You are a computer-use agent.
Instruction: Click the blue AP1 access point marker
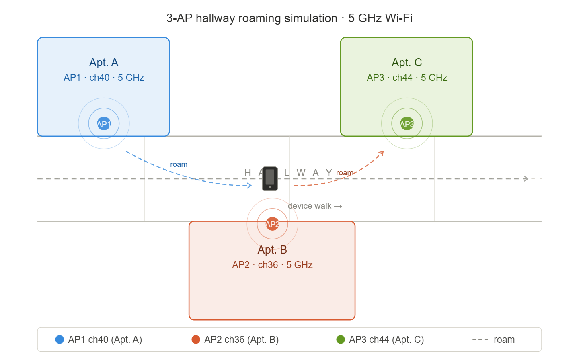(x=104, y=123)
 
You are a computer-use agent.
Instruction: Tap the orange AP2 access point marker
(x=272, y=224)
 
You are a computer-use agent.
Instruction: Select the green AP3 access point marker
(x=407, y=123)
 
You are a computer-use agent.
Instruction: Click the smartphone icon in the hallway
(x=270, y=178)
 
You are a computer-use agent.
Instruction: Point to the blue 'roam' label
(x=179, y=164)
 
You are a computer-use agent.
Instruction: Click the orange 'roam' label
(x=345, y=173)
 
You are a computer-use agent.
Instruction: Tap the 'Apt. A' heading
(x=104, y=63)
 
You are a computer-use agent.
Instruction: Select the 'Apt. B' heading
(x=272, y=250)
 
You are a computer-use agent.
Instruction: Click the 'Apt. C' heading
(x=407, y=63)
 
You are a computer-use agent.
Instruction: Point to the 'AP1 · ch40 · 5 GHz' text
(x=104, y=78)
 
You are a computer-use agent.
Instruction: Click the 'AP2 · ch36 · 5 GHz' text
(x=272, y=265)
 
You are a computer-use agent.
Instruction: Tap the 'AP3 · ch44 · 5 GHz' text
(x=407, y=78)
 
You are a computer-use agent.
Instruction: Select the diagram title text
(x=289, y=18)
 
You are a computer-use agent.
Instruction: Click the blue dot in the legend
(x=60, y=340)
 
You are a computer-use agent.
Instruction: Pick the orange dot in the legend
(x=196, y=340)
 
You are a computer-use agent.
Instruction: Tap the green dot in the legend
(x=341, y=340)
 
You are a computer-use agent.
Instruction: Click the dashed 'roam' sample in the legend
(x=480, y=340)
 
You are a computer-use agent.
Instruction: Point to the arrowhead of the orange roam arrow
(x=382, y=152)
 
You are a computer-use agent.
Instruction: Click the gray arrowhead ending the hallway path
(x=526, y=178)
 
